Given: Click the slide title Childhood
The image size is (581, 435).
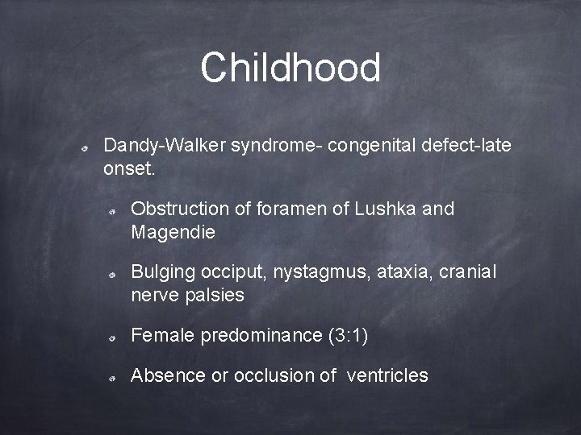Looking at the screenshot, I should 290,68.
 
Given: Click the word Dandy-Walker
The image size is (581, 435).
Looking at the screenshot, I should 165,147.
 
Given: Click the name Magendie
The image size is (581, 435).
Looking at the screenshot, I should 173,233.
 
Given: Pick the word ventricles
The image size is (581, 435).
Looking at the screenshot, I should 387,375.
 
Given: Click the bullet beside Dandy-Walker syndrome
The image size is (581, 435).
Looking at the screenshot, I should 84,149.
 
